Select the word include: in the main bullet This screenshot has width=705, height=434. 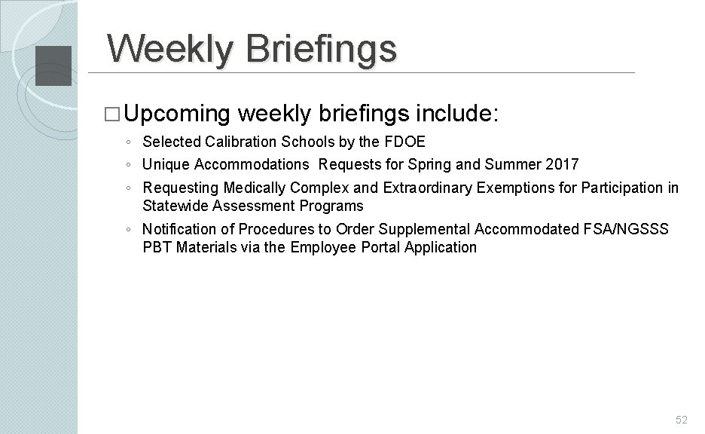pyautogui.click(x=455, y=114)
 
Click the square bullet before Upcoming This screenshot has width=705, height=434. pyautogui.click(x=114, y=115)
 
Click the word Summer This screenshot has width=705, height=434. pyautogui.click(x=514, y=164)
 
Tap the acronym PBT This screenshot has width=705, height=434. pyautogui.click(x=157, y=247)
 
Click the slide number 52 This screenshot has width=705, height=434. pyautogui.click(x=681, y=420)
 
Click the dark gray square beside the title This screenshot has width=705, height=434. pyautogui.click(x=53, y=65)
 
